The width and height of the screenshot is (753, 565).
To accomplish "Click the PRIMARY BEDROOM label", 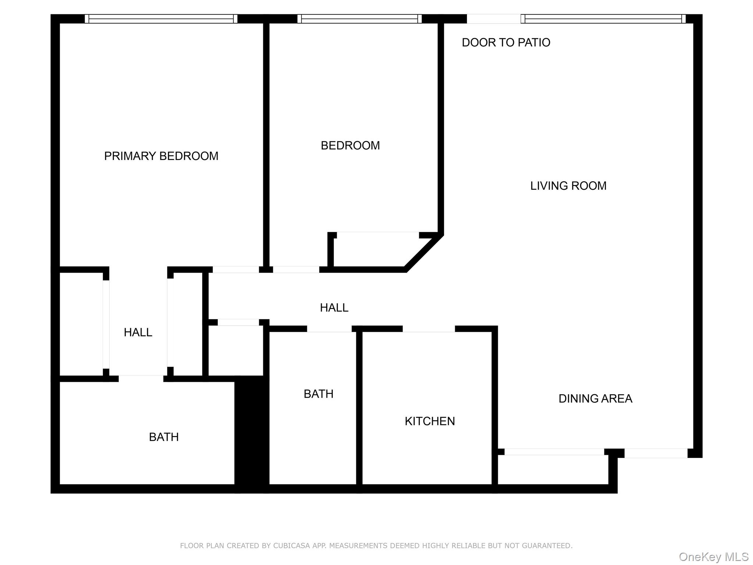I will point(161,156).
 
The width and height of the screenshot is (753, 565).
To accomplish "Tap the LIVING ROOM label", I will point(568,186).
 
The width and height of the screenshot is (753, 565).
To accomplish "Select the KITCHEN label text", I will point(429,421).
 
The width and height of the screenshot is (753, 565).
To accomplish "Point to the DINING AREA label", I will point(595,398).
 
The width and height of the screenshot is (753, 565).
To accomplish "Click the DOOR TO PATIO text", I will point(506,43).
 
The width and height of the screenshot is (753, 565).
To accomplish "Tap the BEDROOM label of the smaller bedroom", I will point(350,146).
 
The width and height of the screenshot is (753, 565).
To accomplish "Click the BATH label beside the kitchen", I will point(318,394).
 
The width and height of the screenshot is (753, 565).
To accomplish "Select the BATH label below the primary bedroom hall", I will point(164,437).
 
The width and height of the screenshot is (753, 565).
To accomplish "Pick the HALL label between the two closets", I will point(138,333).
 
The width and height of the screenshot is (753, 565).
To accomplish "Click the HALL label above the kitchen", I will point(334,308).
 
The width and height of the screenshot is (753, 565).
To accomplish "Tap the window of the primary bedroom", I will point(161,19).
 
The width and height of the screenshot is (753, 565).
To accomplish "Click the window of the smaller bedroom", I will point(359,19).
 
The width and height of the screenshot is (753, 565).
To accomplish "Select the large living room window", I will point(603,19).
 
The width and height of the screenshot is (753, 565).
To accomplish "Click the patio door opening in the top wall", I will point(493,19).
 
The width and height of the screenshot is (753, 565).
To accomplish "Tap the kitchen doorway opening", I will point(429,328).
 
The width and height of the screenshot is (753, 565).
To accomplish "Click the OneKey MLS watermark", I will point(713,557).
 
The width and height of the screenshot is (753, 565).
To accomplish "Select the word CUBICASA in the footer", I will point(288,546).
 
